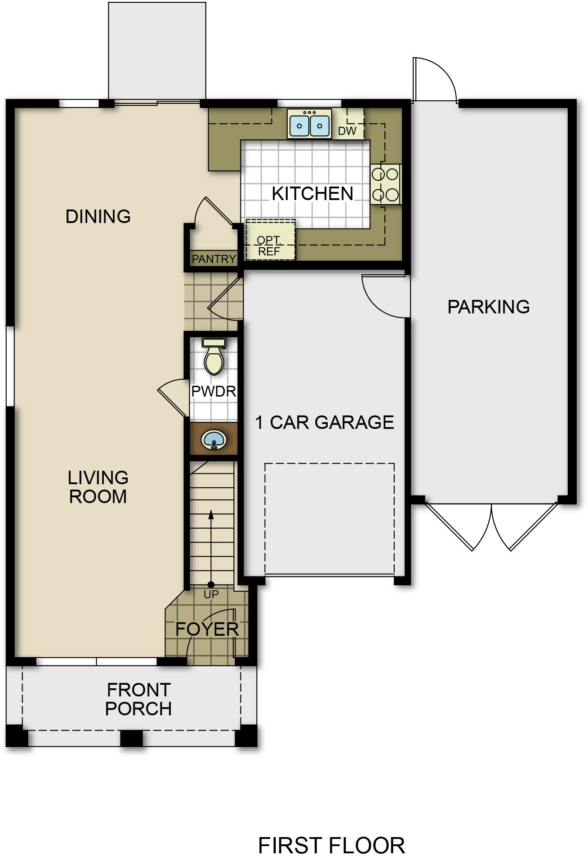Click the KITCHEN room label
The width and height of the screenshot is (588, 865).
point(312,194)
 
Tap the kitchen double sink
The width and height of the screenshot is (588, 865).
point(309,124)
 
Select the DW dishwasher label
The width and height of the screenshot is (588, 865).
point(347,131)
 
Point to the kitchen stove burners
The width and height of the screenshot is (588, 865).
point(385,184)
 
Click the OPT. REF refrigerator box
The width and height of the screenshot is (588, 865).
point(271,240)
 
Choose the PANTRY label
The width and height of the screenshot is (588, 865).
point(214,259)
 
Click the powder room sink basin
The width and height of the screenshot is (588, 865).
point(214,439)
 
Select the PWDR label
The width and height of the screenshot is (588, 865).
point(214,391)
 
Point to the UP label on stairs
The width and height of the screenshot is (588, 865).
point(211,594)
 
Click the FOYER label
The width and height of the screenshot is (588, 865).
point(207,629)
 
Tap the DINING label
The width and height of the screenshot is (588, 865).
point(98,217)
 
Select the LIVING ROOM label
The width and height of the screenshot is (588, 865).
point(98,487)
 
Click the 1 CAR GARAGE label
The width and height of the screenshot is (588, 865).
point(325,423)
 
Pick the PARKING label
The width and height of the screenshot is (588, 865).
point(489,307)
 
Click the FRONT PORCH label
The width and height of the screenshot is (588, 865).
point(138,699)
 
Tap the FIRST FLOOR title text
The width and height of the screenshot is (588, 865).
point(331,846)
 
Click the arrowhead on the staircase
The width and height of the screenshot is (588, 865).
point(211,515)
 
